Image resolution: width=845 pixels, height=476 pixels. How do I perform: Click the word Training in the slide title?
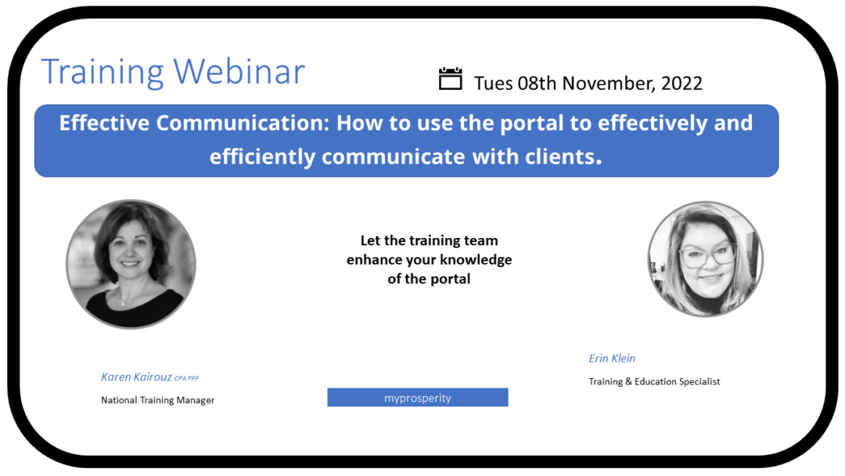pyautogui.click(x=103, y=72)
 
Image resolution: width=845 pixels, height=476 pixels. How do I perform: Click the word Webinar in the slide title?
pyautogui.click(x=239, y=72)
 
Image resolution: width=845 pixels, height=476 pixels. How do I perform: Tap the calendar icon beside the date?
pyautogui.click(x=451, y=79)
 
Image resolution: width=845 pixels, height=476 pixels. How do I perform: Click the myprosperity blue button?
pyautogui.click(x=417, y=398)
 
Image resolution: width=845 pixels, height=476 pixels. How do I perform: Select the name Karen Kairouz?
pyautogui.click(x=136, y=377)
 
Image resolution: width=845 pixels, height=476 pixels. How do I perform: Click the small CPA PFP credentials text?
pyautogui.click(x=187, y=379)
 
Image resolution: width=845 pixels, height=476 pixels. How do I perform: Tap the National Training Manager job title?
pyautogui.click(x=157, y=400)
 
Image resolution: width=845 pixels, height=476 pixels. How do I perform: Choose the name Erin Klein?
pyautogui.click(x=612, y=359)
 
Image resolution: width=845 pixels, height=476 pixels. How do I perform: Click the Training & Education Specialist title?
pyautogui.click(x=654, y=382)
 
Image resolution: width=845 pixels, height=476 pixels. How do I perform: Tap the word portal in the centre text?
pyautogui.click(x=450, y=279)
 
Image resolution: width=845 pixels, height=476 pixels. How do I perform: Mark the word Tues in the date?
pyautogui.click(x=494, y=83)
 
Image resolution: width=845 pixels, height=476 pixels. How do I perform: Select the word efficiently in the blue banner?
pyautogui.click(x=263, y=157)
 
